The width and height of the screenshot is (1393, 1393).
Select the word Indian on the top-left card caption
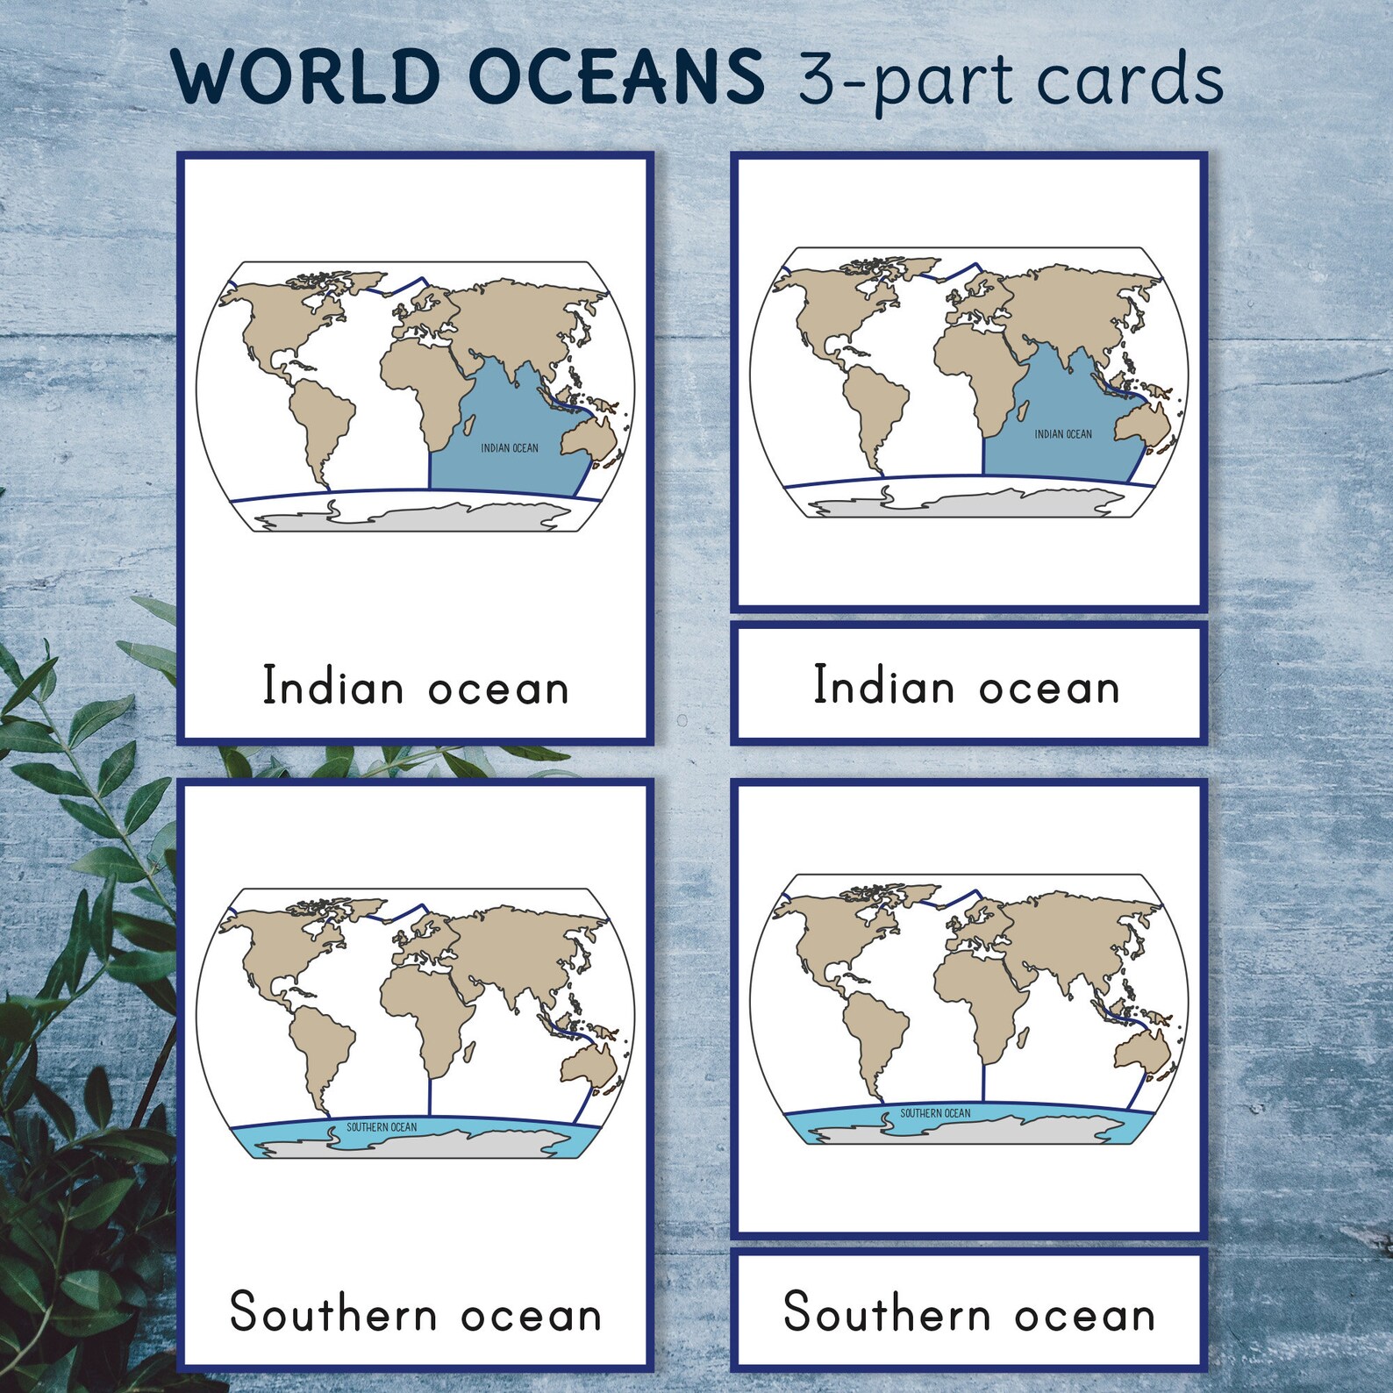point(332,686)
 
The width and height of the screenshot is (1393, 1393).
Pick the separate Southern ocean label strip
point(968,1312)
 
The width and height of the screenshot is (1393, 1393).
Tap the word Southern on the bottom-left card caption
point(333,1313)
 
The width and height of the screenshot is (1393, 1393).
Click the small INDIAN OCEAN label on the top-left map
point(510,448)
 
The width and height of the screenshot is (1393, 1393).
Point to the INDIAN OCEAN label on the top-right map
point(1063,434)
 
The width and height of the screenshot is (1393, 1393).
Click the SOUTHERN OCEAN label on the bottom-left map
point(382,1127)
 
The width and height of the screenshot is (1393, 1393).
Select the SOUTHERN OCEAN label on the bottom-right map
point(935,1113)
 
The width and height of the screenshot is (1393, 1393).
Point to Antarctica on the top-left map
point(421,518)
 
